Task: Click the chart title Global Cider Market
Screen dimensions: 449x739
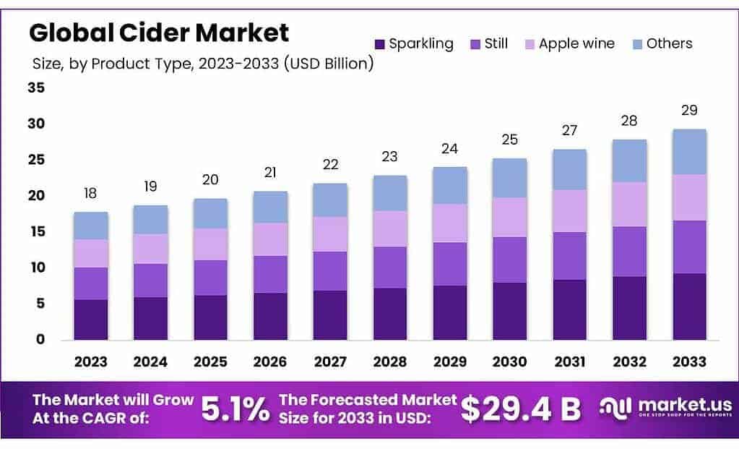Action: pos(158,33)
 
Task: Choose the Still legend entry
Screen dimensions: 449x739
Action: pos(488,43)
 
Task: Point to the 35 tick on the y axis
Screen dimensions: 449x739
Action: pos(36,88)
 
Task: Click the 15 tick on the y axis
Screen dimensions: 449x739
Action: pos(36,231)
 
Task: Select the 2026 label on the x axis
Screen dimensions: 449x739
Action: pos(270,362)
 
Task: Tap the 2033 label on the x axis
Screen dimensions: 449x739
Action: pos(689,362)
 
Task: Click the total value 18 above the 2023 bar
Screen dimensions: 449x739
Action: pos(90,194)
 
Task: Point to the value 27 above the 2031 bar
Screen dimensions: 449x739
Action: pos(569,130)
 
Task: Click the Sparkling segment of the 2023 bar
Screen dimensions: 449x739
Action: pos(91,320)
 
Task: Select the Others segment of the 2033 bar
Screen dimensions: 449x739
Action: pos(689,152)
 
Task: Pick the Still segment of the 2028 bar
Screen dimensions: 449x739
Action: pos(390,268)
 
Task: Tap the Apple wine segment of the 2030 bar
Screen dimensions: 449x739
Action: pos(509,217)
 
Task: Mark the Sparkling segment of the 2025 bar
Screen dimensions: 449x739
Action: pos(210,317)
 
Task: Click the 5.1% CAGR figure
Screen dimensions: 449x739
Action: pos(235,410)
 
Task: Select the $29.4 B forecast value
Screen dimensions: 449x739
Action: pos(520,410)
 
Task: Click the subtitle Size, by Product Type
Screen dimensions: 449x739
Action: pos(202,64)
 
